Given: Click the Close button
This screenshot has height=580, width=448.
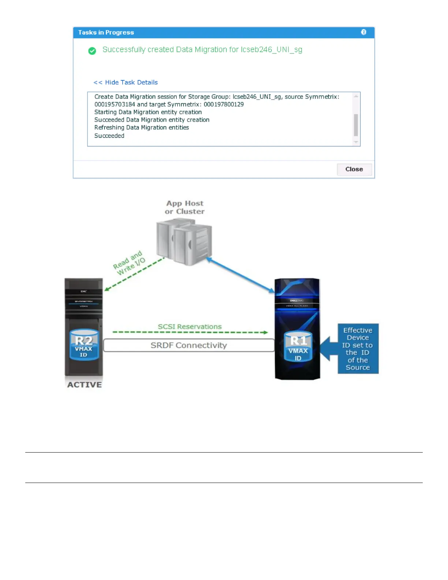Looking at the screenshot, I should (354, 169).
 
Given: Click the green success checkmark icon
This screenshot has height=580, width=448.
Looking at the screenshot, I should (92, 51).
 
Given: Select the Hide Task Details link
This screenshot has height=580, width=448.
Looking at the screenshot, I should (126, 82).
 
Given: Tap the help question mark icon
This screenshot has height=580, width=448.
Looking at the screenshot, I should (363, 32).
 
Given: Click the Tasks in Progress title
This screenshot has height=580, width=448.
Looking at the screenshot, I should (106, 33).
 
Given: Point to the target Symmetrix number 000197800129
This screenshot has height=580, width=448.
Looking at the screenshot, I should (224, 104).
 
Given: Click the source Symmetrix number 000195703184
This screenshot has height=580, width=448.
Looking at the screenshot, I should (115, 104).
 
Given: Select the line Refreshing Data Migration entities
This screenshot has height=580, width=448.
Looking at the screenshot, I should (142, 127).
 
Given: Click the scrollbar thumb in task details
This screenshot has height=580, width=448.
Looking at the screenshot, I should (356, 125).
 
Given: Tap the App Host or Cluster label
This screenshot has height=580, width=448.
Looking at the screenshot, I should (184, 207).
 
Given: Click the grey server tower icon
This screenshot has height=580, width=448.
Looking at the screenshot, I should (184, 242).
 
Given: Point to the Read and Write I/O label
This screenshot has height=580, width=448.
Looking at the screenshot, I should (129, 263).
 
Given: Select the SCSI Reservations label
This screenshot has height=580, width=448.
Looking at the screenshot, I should (190, 327).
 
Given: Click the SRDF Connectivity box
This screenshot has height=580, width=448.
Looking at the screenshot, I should (189, 345).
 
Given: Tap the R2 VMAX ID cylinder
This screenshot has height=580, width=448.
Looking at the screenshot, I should (84, 345).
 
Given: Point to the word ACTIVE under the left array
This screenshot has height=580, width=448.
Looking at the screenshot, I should (85, 384).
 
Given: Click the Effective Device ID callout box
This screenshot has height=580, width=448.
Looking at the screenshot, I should (358, 349).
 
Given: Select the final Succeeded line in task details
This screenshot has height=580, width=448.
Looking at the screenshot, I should (109, 136).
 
